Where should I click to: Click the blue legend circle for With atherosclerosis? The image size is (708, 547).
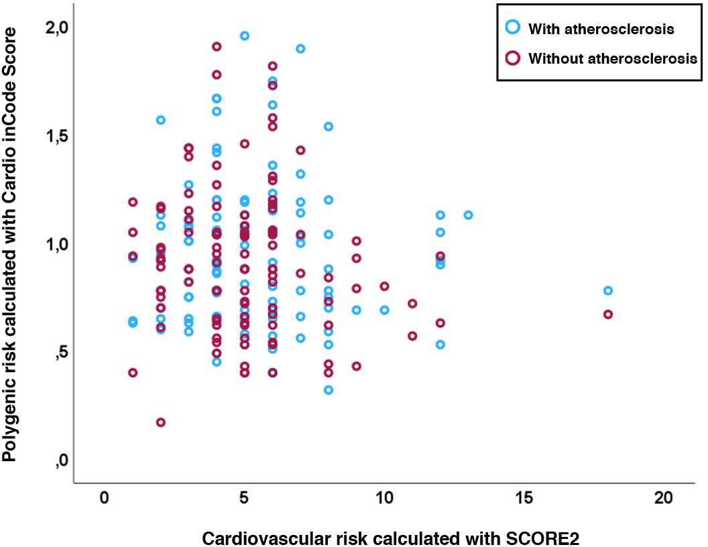513,28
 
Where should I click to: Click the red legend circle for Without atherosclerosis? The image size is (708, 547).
513,58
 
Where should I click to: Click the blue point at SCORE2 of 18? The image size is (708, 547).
608,290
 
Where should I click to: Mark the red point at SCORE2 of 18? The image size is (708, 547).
608,314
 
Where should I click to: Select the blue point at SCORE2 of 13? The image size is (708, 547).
468,215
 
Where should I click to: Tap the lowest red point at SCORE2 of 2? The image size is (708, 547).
161,422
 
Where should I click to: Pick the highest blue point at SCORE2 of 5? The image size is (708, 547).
245,36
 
